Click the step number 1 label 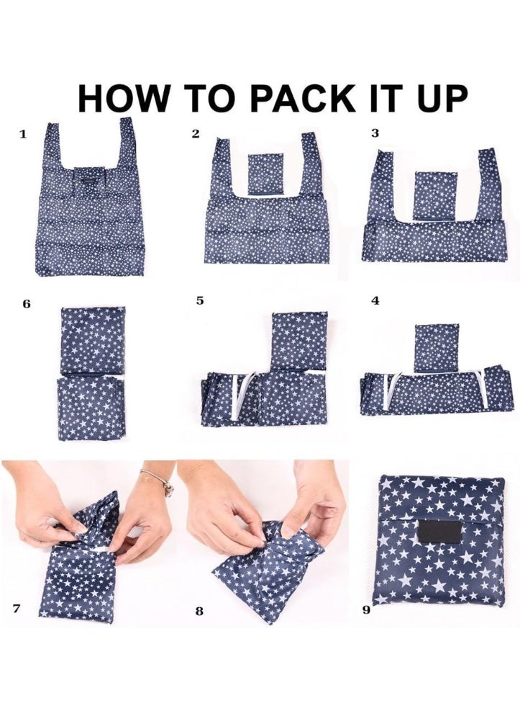pyautogui.click(x=23, y=134)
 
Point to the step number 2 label pyautogui.click(x=196, y=134)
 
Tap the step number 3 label pyautogui.click(x=375, y=133)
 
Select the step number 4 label pyautogui.click(x=375, y=300)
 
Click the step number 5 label pyautogui.click(x=200, y=300)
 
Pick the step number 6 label pyautogui.click(x=27, y=304)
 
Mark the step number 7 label pyautogui.click(x=17, y=608)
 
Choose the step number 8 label pyautogui.click(x=199, y=611)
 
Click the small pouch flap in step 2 pyautogui.click(x=266, y=174)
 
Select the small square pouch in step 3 pyautogui.click(x=435, y=195)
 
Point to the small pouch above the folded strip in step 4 pyautogui.click(x=436, y=347)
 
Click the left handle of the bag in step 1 pyautogui.click(x=53, y=145)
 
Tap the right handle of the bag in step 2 pyautogui.click(x=312, y=164)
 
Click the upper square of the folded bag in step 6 pyautogui.click(x=93, y=341)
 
